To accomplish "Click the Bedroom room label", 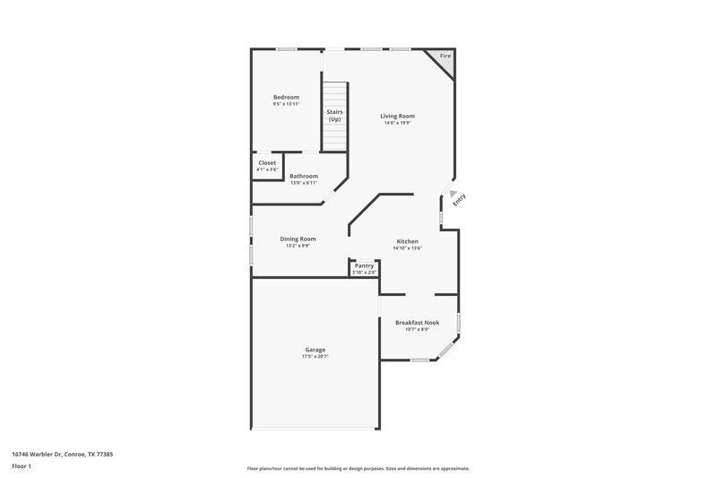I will pos(286,97).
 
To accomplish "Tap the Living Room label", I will pos(397,116).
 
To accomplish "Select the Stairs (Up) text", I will pos(334,116).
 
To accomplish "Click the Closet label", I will pos(267,162).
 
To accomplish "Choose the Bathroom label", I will pos(303,176).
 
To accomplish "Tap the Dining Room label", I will pos(298,239).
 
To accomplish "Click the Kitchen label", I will pos(408,241).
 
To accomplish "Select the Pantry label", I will pos(364,265).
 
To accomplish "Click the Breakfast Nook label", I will pos(417,322).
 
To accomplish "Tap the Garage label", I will pos(315,350).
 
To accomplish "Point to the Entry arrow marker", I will pos(454,192).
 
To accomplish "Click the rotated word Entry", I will pos(460,202).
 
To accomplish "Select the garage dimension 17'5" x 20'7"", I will pos(315,357).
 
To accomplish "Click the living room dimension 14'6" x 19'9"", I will pos(397,123).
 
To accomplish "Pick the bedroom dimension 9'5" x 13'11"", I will pos(286,104).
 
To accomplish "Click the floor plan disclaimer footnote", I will pos(358,468).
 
